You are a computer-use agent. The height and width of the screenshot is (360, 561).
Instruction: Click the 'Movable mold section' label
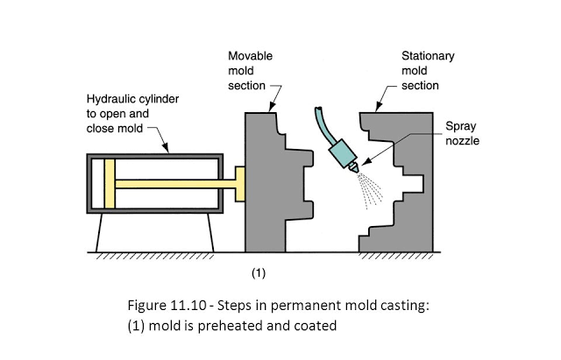click(x=250, y=70)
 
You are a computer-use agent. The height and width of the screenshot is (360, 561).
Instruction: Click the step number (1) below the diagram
click(x=259, y=273)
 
